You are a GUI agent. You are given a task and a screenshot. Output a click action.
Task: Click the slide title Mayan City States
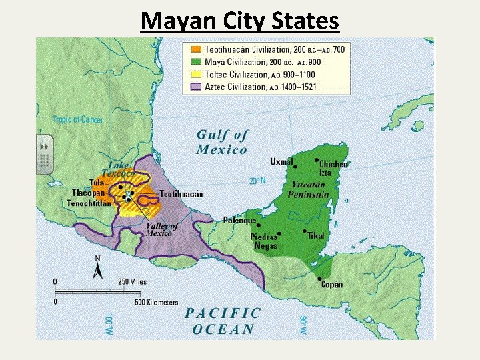click(240, 21)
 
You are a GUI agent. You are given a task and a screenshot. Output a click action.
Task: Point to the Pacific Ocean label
click(223, 320)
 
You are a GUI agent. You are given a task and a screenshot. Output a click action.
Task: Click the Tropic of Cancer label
click(78, 119)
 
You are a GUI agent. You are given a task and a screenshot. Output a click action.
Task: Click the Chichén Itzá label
click(333, 169)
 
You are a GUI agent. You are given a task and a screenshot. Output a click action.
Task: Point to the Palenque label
click(239, 220)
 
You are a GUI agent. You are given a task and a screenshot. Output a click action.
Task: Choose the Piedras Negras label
click(263, 241)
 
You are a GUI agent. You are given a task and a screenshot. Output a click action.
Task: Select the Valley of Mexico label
click(162, 230)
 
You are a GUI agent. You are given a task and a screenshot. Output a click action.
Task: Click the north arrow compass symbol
click(97, 269)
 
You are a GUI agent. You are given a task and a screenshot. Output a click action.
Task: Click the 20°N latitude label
click(257, 181)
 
